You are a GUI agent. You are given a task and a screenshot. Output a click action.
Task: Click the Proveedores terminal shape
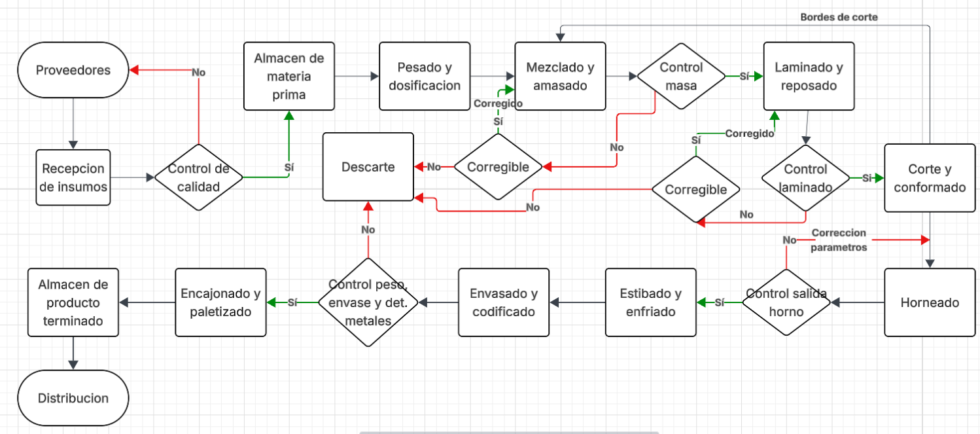tap(73, 70)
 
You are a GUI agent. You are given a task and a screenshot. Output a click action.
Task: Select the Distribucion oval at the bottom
tap(73, 397)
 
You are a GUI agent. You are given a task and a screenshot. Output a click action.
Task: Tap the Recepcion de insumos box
tap(73, 177)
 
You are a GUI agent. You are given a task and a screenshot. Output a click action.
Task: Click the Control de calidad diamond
tap(199, 177)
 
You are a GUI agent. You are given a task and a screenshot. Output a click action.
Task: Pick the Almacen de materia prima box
tap(289, 76)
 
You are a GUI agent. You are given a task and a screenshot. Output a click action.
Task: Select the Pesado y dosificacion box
tap(425, 76)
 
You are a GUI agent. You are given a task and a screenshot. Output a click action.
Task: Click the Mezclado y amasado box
tap(561, 76)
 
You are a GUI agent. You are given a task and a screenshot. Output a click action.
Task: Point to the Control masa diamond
tap(681, 76)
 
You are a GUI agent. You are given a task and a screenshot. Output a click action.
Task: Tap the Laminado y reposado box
tap(809, 76)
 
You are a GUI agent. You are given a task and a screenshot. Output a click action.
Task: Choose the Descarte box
tap(368, 167)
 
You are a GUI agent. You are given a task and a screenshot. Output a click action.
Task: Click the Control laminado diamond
tap(806, 178)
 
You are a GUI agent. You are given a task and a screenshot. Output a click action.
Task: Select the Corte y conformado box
tap(930, 178)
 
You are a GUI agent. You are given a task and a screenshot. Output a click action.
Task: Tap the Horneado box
tap(930, 302)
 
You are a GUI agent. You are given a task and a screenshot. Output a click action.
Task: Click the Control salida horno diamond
tap(786, 302)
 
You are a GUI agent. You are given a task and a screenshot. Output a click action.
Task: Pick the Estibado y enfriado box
tap(651, 302)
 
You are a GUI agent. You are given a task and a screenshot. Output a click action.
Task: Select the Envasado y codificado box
tap(504, 302)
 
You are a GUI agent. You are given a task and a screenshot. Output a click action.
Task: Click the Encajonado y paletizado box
tap(221, 302)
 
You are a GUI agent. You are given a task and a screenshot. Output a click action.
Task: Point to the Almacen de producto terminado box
tap(73, 302)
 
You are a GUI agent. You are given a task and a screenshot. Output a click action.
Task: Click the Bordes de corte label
tap(839, 17)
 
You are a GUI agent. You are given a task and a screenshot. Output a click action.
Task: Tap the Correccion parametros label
tap(839, 240)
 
